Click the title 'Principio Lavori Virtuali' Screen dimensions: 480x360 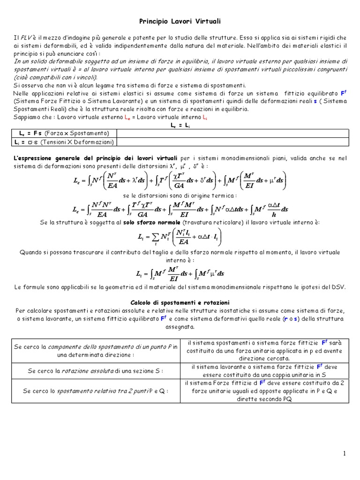[180, 22]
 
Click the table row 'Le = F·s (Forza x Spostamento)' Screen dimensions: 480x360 [66, 133]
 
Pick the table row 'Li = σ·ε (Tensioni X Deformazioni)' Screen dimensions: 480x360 [66, 142]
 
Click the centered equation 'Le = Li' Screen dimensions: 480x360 [180, 126]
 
